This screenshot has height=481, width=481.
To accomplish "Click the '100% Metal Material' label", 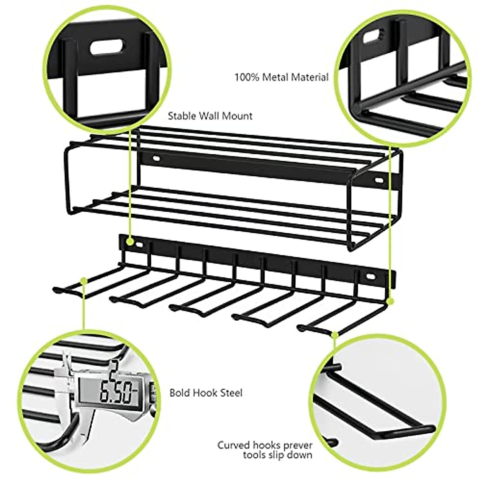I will pos(281,77).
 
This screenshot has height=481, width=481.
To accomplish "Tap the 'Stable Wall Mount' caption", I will pos(210,116).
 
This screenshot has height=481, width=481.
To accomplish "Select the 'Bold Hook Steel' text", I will pos(206,392).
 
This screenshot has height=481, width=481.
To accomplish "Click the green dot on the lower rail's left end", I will pos(130,242).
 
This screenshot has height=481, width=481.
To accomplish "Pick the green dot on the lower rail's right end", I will pos(390,300).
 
